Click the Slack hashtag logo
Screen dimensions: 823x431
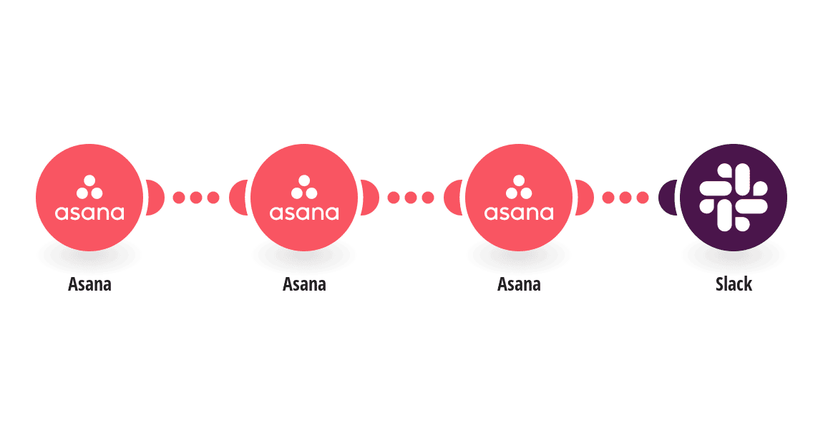pos(734,198)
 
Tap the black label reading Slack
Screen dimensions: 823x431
pos(734,284)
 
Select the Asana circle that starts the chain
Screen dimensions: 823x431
pos(89,198)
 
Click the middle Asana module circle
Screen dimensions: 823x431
pos(304,198)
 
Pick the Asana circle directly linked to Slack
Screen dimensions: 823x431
pos(519,198)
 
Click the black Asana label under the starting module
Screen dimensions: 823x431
pos(89,284)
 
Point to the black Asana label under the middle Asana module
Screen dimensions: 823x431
pos(304,284)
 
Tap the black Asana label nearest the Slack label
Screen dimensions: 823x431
pos(519,284)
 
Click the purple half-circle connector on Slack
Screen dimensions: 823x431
pos(668,198)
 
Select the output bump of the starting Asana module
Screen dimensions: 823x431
pos(155,198)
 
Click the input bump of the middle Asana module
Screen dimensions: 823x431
pos(238,198)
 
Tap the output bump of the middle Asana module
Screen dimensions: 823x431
pos(370,198)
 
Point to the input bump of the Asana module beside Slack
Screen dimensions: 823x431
pos(453,198)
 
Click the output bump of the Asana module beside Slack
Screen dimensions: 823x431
pos(585,198)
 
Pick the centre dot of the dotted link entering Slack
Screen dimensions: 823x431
pos(625,198)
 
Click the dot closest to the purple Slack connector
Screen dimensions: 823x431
pos(643,198)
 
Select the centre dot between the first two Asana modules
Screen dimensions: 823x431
pos(196,198)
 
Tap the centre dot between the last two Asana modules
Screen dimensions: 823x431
pos(411,198)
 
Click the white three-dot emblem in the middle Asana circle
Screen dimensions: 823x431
pos(304,187)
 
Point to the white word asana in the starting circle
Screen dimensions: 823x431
pos(89,213)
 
